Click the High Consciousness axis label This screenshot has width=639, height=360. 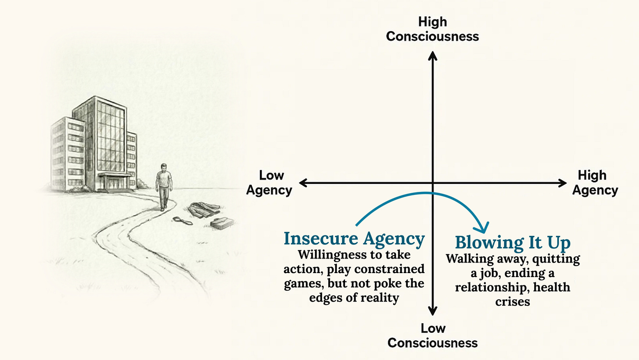pyautogui.click(x=432, y=29)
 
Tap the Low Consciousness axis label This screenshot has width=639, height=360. pyautogui.click(x=432, y=335)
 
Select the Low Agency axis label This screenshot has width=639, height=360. pyautogui.click(x=269, y=183)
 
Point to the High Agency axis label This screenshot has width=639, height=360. pyautogui.click(x=595, y=183)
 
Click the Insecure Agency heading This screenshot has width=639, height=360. pyautogui.click(x=354, y=239)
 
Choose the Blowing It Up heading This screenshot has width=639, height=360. pyautogui.click(x=512, y=242)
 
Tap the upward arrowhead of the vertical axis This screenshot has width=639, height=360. pyautogui.click(x=433, y=55)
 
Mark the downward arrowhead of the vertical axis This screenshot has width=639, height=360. pyautogui.click(x=433, y=311)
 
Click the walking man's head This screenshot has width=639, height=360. pyautogui.click(x=163, y=167)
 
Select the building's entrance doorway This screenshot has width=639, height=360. pyautogui.click(x=114, y=182)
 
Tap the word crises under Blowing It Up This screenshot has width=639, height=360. pyautogui.click(x=512, y=302)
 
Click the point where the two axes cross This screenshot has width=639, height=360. pyautogui.click(x=433, y=183)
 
